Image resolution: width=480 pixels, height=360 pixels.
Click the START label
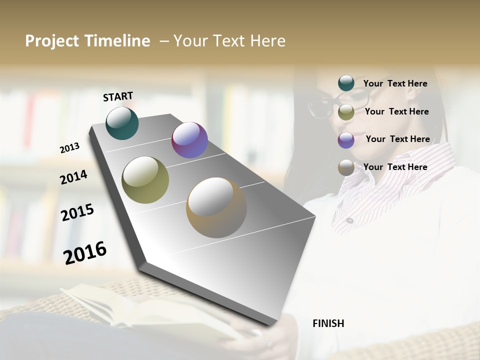118,96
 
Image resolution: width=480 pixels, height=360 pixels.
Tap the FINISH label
328,323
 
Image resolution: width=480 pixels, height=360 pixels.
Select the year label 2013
70,148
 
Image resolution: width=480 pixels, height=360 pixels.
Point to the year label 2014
73,177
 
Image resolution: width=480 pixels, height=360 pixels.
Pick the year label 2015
77,212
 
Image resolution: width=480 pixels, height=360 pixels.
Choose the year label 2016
85,252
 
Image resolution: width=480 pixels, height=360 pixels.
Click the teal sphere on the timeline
122,123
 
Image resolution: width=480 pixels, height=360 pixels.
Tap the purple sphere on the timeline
189,140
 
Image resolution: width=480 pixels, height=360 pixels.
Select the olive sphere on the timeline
145,180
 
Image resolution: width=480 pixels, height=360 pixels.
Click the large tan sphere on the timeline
216,207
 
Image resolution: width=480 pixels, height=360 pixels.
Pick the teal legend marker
346,83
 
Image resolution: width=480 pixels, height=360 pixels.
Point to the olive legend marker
346,112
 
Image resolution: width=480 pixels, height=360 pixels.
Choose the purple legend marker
346,140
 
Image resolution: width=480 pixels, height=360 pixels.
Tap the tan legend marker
346,167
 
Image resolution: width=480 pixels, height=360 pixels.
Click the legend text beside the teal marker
395,83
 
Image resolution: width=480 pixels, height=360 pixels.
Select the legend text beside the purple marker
397,139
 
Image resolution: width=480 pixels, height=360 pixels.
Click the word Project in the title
52,41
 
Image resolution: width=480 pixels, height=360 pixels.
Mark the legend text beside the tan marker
395,167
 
